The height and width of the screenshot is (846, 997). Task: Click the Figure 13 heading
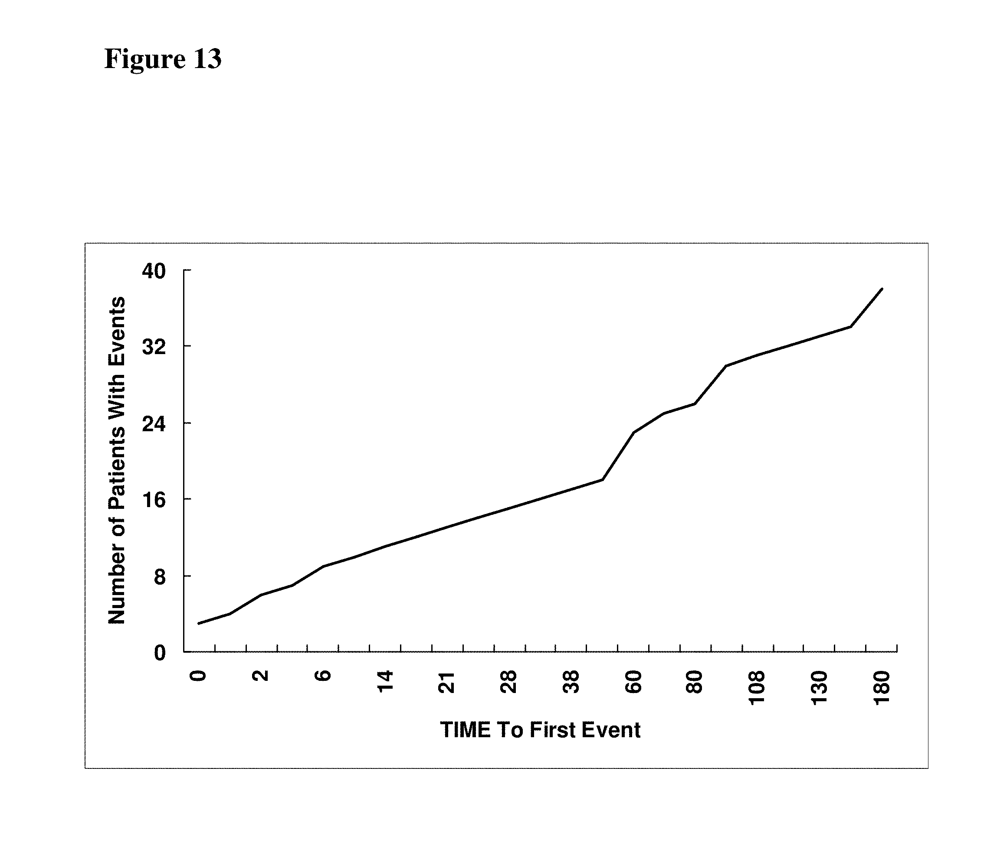[x=163, y=59]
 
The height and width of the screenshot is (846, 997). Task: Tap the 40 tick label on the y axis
[x=154, y=271]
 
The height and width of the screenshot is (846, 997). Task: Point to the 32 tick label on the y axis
[x=154, y=347]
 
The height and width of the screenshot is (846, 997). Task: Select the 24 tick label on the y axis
[x=154, y=423]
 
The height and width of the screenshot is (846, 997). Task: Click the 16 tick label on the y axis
[x=154, y=500]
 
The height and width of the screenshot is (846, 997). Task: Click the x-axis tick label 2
[x=261, y=676]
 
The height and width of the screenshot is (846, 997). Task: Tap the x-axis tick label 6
[x=323, y=676]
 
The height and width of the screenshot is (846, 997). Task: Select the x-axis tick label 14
[x=385, y=681]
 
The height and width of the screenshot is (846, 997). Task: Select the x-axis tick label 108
[x=757, y=688]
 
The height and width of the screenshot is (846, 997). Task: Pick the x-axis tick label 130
[x=820, y=688]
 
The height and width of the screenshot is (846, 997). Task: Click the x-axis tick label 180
[x=882, y=688]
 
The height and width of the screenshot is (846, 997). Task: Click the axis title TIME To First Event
[x=540, y=730]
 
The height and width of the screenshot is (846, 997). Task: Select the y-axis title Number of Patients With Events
[x=117, y=460]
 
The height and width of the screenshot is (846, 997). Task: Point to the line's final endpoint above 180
[x=882, y=289]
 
